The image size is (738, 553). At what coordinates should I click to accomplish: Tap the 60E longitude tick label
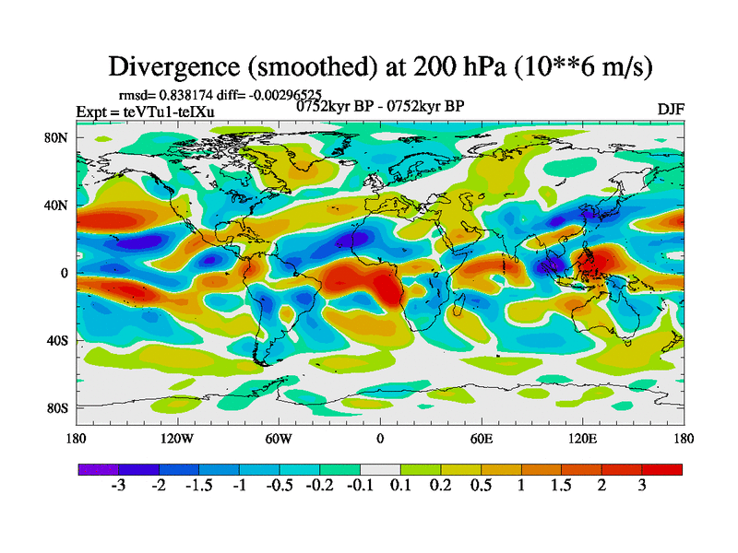click(481, 439)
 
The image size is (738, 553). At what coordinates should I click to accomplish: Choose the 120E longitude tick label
click(582, 439)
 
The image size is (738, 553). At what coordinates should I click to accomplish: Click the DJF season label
click(670, 110)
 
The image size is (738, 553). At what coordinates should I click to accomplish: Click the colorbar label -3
click(117, 486)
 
